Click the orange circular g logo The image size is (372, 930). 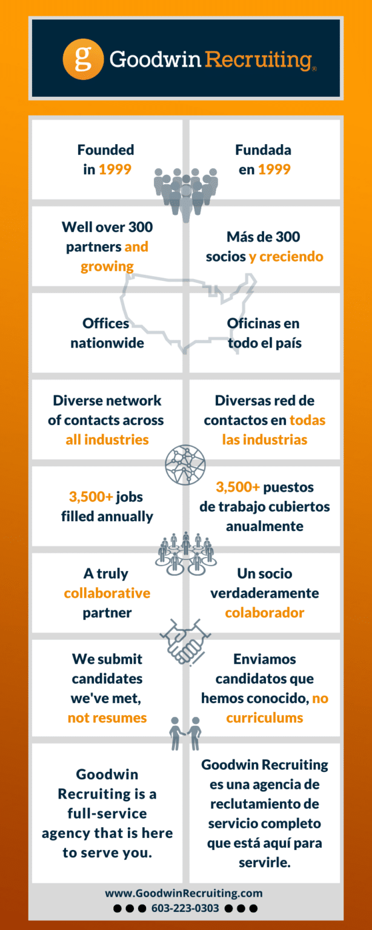pyautogui.click(x=83, y=59)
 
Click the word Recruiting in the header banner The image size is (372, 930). pyautogui.click(x=258, y=60)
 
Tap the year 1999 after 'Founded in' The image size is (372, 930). pyautogui.click(x=115, y=170)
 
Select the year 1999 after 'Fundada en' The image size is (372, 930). pyautogui.click(x=274, y=170)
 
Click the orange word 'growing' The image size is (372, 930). pyautogui.click(x=107, y=266)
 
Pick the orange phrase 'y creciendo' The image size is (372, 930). pyautogui.click(x=286, y=257)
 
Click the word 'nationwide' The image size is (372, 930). pyautogui.click(x=107, y=343)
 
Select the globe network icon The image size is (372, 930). pyautogui.click(x=185, y=465)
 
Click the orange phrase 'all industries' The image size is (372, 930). pyautogui.click(x=107, y=440)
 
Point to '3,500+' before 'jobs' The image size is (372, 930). pyautogui.click(x=91, y=497)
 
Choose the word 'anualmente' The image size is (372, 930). pyautogui.click(x=265, y=526)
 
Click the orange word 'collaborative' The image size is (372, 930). pyautogui.click(x=107, y=593)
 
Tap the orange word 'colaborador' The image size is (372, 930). pyautogui.click(x=265, y=612)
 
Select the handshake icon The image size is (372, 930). pyautogui.click(x=185, y=642)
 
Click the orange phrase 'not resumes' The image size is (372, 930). pyautogui.click(x=107, y=718)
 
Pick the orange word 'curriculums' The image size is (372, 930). pyautogui.click(x=265, y=718)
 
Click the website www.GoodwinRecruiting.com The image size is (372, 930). pyautogui.click(x=184, y=893)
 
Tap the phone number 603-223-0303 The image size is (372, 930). pyautogui.click(x=185, y=908)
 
